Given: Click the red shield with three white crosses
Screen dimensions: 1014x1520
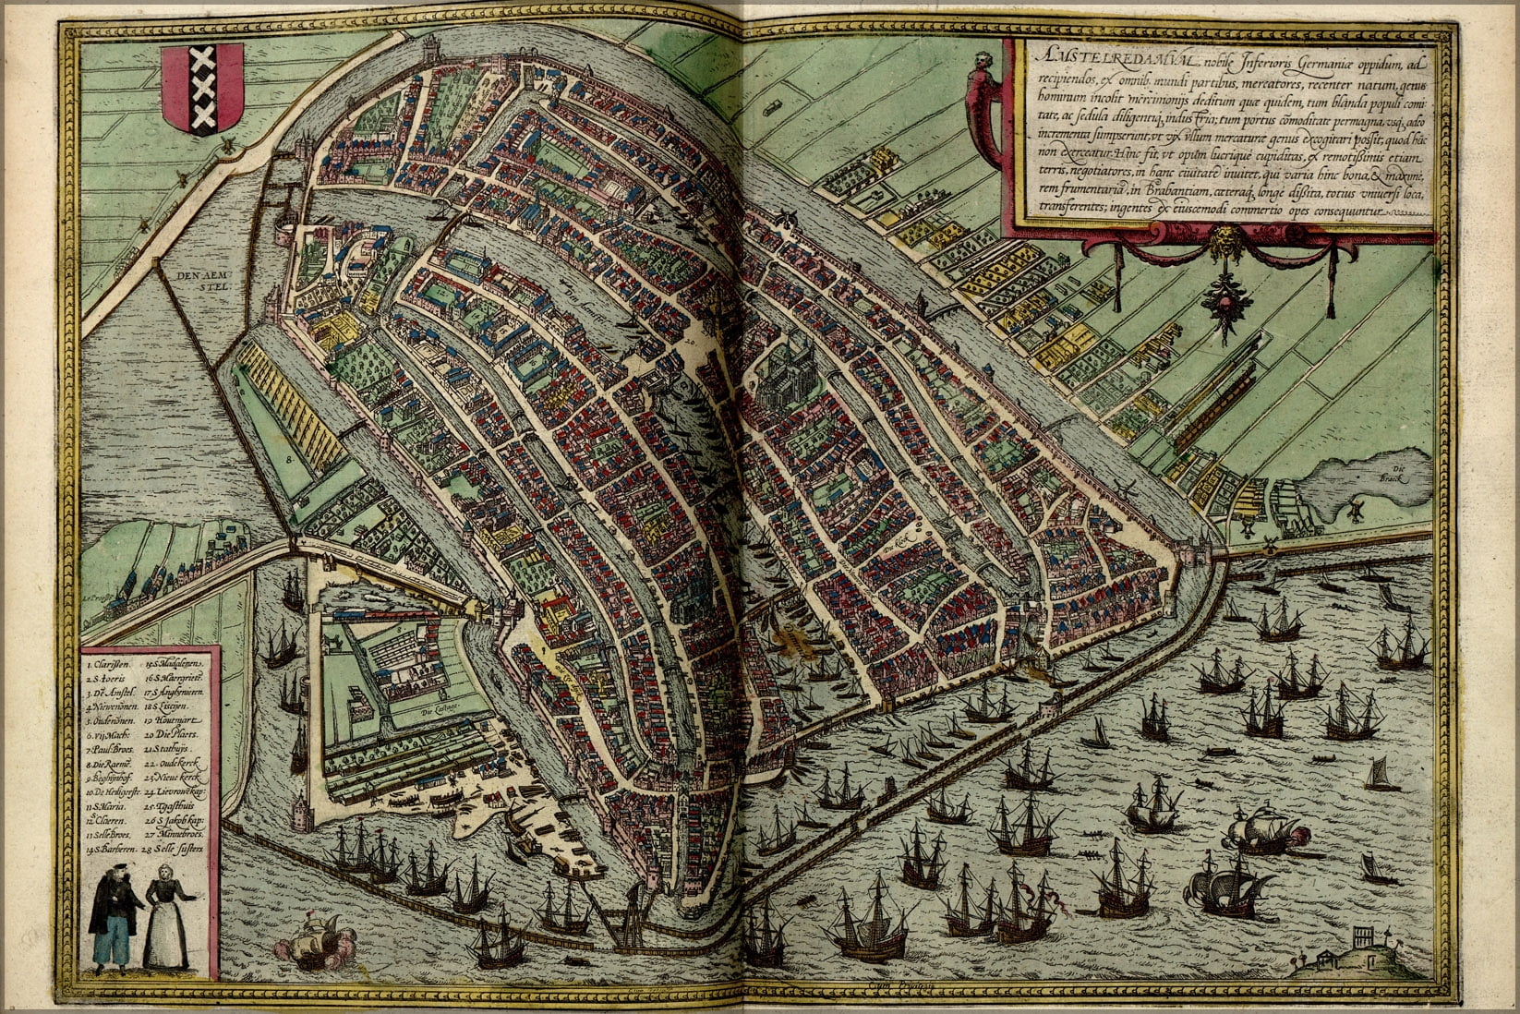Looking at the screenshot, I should point(202,91).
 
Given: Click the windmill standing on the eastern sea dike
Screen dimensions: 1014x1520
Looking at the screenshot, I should point(1269,541).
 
